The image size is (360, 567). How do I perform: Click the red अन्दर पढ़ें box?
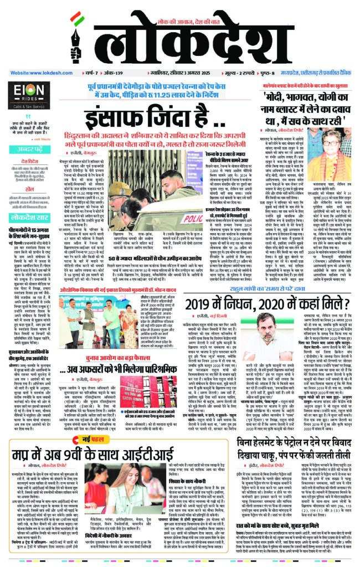[x=28, y=149]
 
